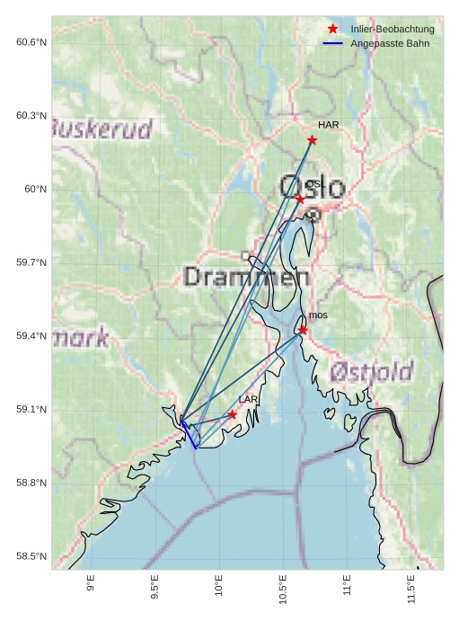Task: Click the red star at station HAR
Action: tap(312, 139)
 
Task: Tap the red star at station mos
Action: tap(303, 330)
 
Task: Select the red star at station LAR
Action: tap(233, 414)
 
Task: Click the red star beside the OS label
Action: tap(299, 199)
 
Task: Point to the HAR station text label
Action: tap(328, 125)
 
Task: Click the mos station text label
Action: tap(318, 315)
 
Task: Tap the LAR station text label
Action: tap(248, 399)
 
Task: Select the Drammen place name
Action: tap(240, 277)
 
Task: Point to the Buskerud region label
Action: tap(102, 129)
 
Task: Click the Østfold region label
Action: tap(371, 371)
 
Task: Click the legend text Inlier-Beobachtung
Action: tap(393, 30)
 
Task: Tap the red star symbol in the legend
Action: tap(333, 29)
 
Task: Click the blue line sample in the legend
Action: tap(333, 43)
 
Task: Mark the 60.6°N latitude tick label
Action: tap(31, 42)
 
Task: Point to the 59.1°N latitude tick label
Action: tap(31, 410)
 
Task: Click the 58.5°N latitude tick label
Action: tap(31, 556)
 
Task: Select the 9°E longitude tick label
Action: tap(91, 585)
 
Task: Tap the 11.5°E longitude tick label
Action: tap(411, 589)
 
